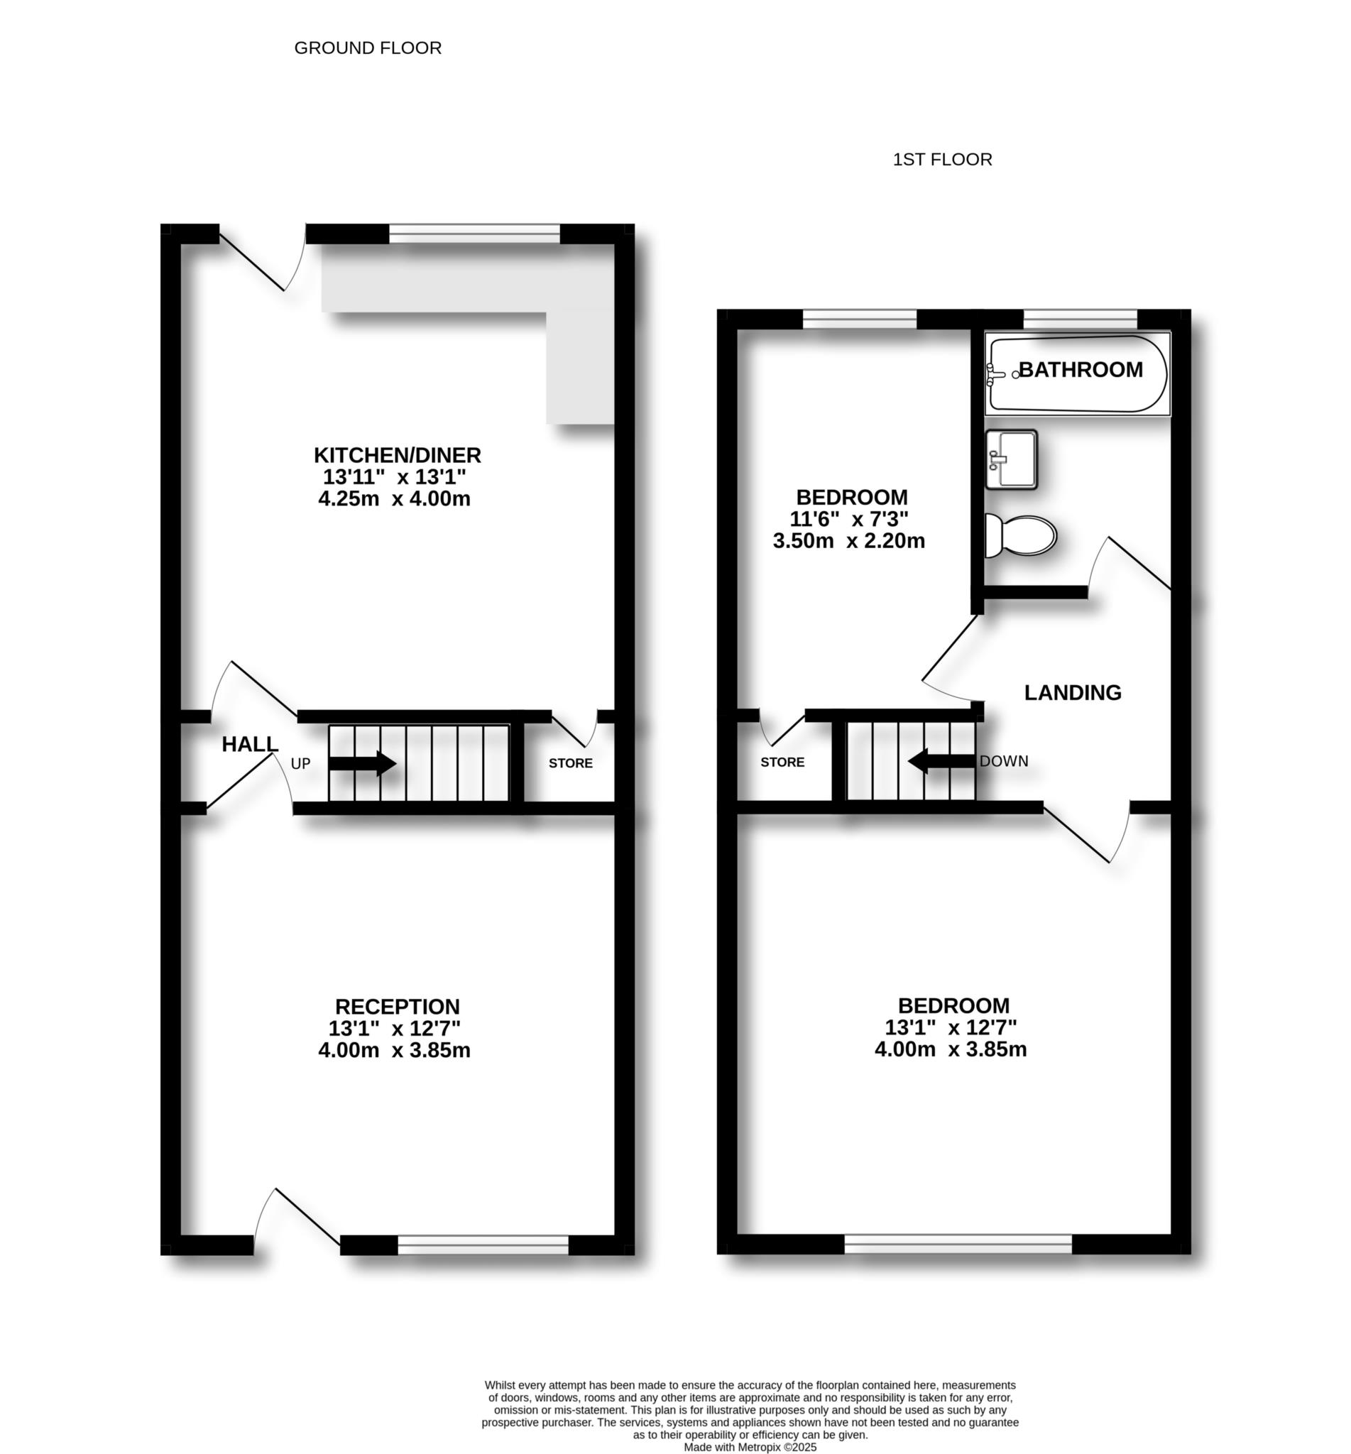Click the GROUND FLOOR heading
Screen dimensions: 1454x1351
(368, 48)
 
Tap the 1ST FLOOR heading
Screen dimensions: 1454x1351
(942, 159)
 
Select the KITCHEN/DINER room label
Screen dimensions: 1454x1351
(397, 454)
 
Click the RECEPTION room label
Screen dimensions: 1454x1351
(397, 1007)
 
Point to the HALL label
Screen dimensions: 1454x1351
(250, 744)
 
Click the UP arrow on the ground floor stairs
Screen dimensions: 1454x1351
(363, 763)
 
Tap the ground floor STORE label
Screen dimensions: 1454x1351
(570, 763)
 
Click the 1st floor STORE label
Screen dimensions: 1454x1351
(782, 762)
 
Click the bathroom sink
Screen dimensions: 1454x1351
(1011, 459)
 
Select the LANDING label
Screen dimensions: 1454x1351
(1073, 692)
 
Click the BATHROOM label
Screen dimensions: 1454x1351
(1081, 370)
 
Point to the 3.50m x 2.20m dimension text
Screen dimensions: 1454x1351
(849, 541)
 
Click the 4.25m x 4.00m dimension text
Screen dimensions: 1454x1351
(394, 499)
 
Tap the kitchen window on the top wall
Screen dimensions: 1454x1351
(474, 234)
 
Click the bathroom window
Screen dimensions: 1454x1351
(1081, 319)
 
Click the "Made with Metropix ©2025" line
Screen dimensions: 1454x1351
(750, 1447)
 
